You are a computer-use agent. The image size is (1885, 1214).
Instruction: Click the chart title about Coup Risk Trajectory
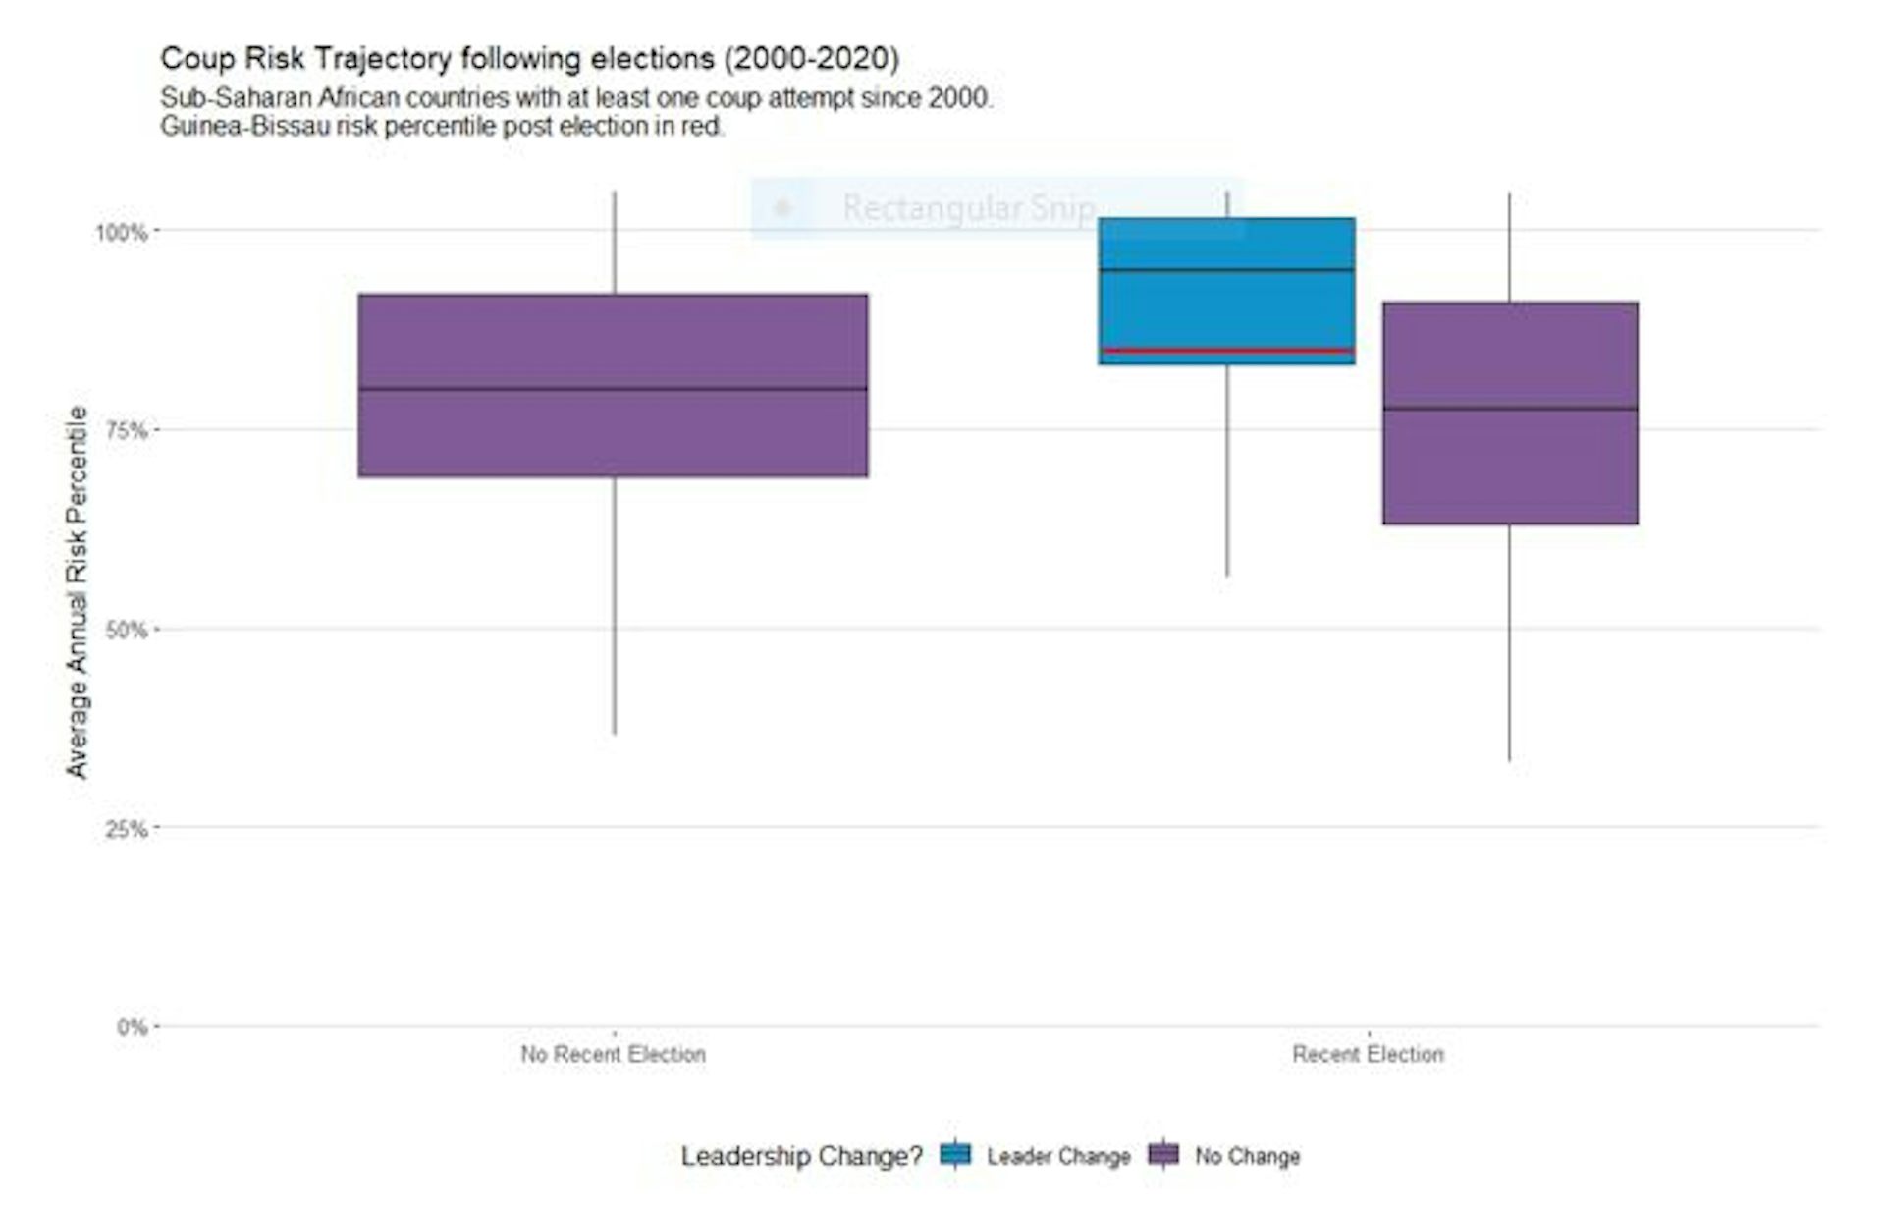coord(529,59)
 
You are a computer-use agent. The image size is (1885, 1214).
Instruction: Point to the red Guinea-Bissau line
coord(1226,350)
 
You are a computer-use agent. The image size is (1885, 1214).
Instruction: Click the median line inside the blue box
coord(1226,269)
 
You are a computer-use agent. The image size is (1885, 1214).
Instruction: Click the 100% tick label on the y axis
coord(120,233)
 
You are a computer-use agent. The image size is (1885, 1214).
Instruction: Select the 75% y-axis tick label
coord(125,431)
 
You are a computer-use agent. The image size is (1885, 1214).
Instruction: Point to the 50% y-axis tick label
coord(125,631)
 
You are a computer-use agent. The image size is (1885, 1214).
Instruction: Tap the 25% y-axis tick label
coord(125,830)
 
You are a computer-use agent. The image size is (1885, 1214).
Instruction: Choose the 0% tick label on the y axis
coord(131,1028)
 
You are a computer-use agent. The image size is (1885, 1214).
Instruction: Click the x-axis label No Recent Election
coord(613,1055)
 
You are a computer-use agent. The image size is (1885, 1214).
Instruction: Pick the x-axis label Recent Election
coord(1368,1055)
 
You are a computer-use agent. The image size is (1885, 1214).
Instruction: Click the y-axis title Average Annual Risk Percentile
coord(77,591)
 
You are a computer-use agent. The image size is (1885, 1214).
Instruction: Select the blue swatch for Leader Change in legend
coord(955,1155)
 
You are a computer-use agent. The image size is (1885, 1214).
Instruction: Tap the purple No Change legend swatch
coord(1163,1155)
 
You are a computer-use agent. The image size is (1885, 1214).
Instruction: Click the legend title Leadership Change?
coord(801,1156)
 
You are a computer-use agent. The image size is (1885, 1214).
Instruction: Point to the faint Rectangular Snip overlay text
coord(968,208)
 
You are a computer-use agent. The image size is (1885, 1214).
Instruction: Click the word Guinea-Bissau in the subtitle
coord(244,127)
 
